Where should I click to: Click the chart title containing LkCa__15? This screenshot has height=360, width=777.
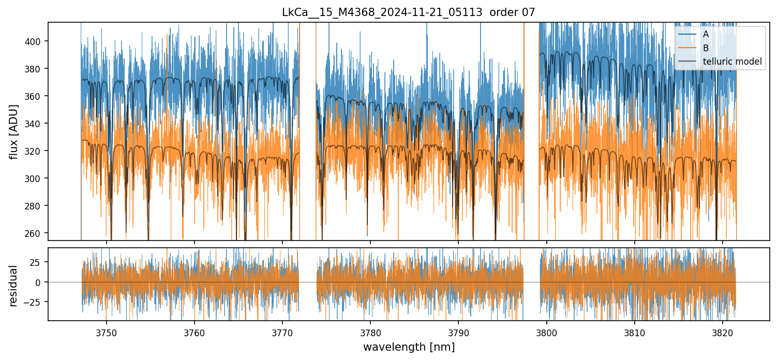click(409, 12)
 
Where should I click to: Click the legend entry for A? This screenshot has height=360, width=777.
click(706, 34)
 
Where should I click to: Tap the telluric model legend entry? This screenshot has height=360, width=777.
click(732, 62)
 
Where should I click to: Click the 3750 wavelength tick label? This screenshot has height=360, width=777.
click(107, 332)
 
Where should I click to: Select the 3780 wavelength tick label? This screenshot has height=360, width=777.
click(370, 332)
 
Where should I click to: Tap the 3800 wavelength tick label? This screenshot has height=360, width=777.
click(547, 332)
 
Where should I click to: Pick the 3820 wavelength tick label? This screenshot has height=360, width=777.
click(723, 332)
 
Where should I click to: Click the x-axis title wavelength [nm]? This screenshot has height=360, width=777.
click(409, 347)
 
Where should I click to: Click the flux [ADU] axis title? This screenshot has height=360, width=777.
click(14, 131)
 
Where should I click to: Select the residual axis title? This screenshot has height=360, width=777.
click(14, 286)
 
